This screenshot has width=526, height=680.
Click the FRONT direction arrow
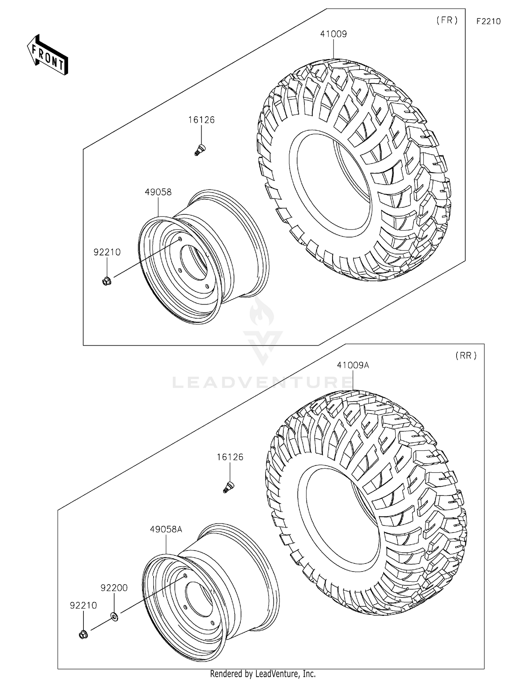coord(48,55)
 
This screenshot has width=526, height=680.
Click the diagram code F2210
coord(488,21)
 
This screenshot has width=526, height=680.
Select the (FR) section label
coord(447,20)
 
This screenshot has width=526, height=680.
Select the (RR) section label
coord(466,355)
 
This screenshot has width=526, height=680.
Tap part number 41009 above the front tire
coord(333,34)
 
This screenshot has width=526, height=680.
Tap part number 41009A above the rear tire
coord(353,365)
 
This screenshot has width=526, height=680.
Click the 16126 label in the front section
coord(201,120)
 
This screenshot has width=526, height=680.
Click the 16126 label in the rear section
coord(230,457)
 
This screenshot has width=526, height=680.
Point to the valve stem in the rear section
coord(229,487)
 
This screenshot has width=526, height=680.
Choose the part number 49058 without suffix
coord(158,192)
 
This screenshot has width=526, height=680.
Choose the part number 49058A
coord(166,529)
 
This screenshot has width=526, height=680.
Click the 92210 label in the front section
coord(107,252)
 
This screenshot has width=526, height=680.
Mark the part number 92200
coord(114,588)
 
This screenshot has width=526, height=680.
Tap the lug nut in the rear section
coord(83,634)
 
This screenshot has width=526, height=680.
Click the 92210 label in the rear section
coord(83,606)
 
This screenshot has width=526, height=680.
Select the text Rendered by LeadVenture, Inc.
coord(263,674)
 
